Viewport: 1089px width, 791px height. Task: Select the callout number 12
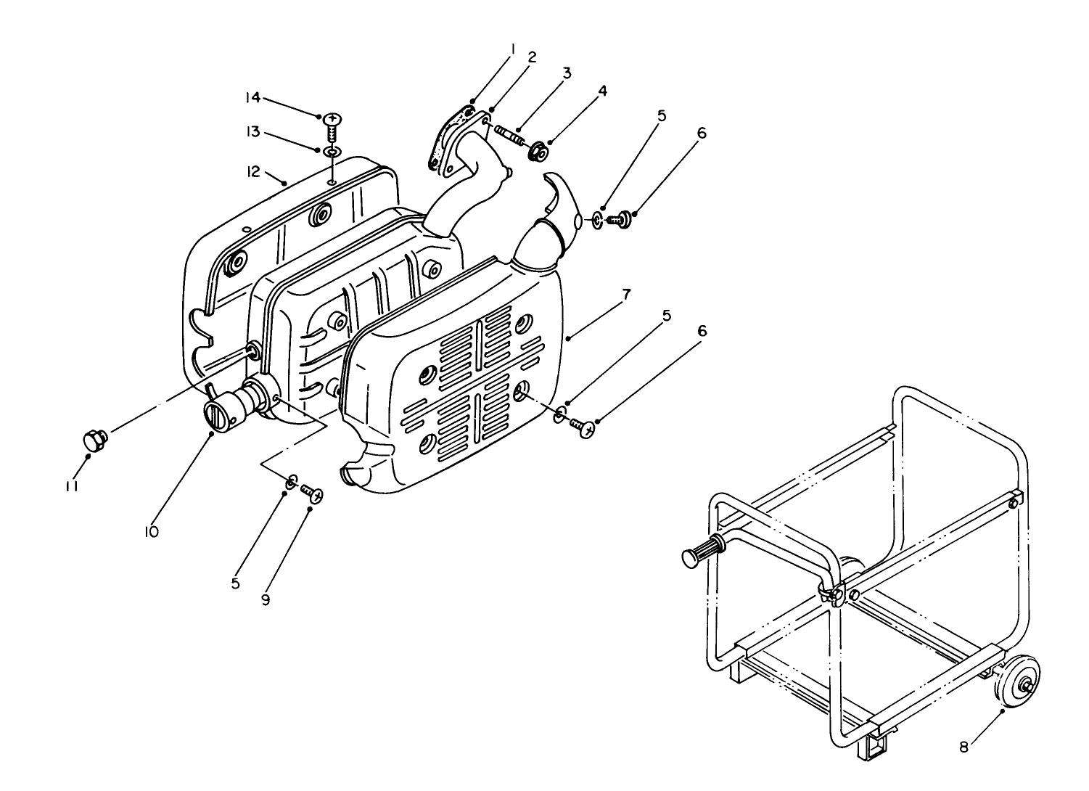(x=252, y=172)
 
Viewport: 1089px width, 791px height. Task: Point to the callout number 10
(x=151, y=531)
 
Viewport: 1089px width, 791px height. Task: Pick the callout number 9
(x=266, y=601)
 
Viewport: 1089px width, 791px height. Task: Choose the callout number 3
(x=567, y=73)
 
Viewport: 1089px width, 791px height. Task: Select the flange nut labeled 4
(x=537, y=153)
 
